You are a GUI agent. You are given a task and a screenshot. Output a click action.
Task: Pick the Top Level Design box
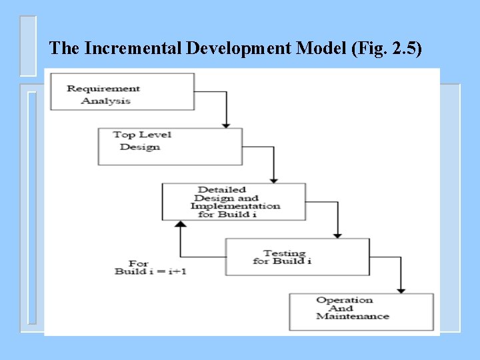click(169, 146)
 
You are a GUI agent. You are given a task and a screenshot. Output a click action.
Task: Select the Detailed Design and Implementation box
click(234, 201)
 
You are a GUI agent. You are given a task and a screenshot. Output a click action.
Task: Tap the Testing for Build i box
click(297, 257)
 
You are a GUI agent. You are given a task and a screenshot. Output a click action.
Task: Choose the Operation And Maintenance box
click(361, 311)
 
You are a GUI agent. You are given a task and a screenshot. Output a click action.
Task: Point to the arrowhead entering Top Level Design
click(226, 125)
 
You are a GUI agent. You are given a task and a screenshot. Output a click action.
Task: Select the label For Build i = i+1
click(141, 268)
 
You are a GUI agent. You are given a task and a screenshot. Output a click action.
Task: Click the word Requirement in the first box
click(103, 88)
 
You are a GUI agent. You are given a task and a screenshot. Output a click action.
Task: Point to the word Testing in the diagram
click(284, 253)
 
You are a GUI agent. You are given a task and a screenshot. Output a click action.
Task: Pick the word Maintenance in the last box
click(353, 316)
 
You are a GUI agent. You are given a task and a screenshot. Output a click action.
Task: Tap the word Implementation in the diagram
click(235, 206)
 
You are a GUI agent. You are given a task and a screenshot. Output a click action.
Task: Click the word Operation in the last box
click(345, 300)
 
